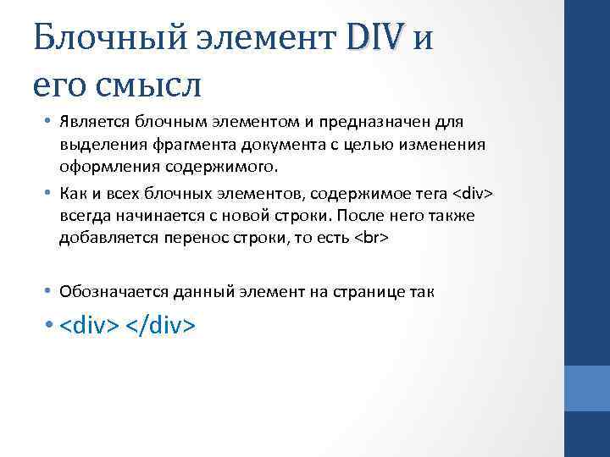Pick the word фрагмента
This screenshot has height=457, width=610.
click(x=186, y=144)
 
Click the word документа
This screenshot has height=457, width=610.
click(x=271, y=144)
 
